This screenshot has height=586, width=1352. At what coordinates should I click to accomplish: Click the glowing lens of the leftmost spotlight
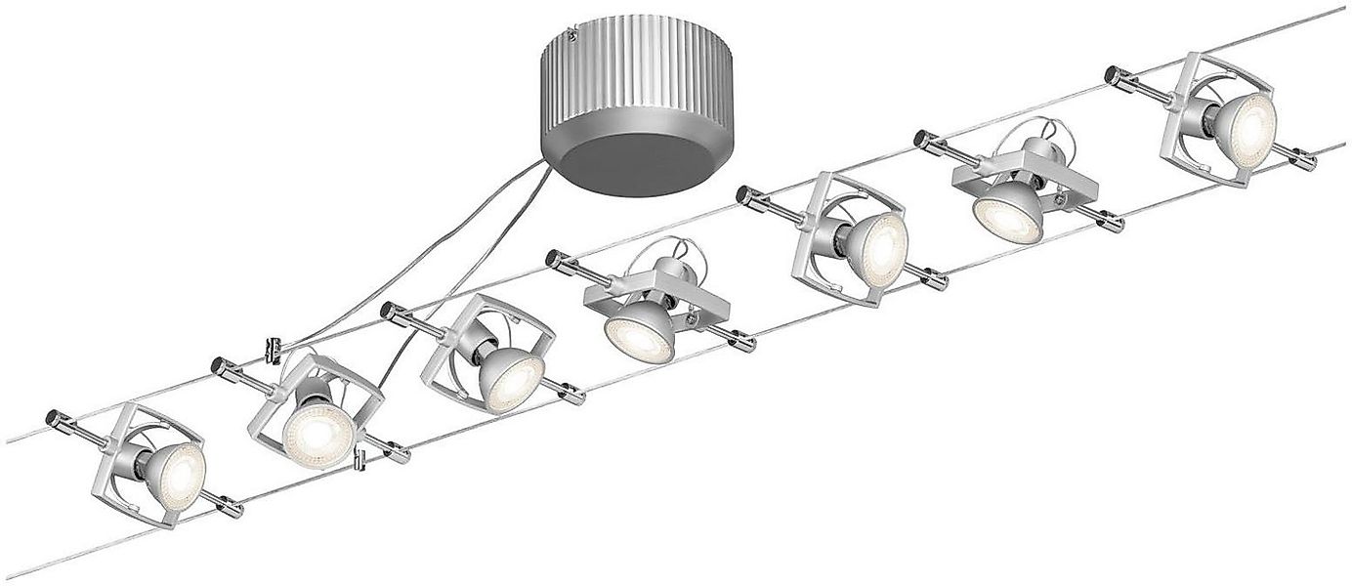[178, 474]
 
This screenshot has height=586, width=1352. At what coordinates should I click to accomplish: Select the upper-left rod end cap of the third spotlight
[387, 312]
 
